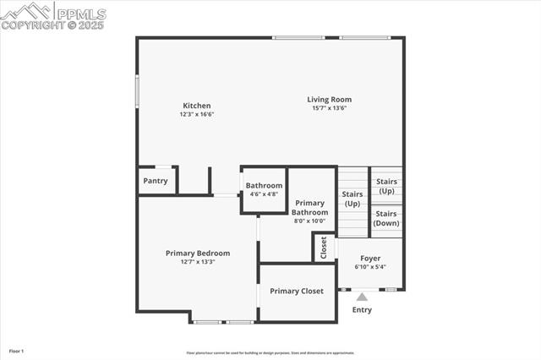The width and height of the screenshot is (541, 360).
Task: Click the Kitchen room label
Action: pos(197,106)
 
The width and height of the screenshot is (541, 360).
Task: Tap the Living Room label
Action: pos(329,100)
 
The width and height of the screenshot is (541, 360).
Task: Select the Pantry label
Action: pos(156,181)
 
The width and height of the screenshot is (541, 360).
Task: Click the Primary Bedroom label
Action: pos(198,253)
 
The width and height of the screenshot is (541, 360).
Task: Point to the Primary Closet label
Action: pos(297,291)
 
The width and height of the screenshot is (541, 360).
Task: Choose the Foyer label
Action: pos(370,258)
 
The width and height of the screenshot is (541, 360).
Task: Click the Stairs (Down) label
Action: pos(386,218)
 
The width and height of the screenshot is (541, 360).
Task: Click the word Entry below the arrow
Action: pos(362,310)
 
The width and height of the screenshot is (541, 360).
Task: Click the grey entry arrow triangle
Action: pos(362,297)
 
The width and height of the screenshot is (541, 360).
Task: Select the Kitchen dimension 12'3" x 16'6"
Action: pos(197,114)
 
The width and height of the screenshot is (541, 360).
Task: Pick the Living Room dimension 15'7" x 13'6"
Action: pos(329,108)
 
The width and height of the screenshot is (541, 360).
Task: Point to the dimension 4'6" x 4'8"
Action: pos(264,194)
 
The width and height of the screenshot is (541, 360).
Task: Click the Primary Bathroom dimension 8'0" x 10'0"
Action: pos(309,221)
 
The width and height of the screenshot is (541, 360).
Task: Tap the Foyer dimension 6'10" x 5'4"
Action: pos(370,267)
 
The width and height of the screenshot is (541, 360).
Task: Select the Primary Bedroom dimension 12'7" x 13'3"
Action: pos(198,262)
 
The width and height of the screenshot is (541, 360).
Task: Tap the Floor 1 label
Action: pos(16,351)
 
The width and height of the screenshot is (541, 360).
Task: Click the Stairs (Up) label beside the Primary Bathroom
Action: pos(352,199)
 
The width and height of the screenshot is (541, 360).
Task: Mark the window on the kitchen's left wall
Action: pos(138,91)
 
